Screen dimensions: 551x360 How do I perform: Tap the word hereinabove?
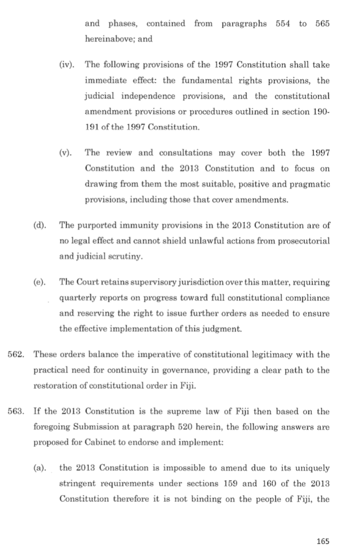click(x=108, y=39)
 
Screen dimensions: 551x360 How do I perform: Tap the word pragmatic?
click(x=311, y=185)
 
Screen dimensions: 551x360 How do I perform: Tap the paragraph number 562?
click(x=16, y=355)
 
